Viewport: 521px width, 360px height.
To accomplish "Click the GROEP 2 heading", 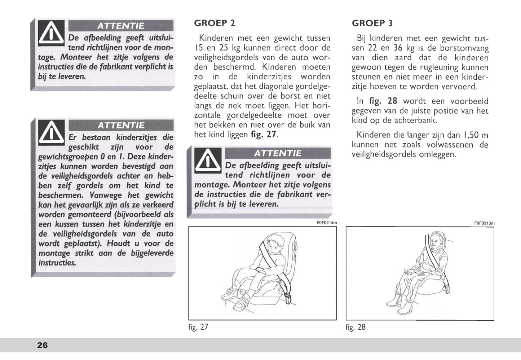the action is coord(215,23).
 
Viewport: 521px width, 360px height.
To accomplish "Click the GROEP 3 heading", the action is coord(372,23).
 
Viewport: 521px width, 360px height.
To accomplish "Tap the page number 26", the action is coord(42,345).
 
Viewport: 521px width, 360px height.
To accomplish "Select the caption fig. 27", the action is coord(198,327).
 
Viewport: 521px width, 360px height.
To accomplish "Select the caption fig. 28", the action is coord(356,327).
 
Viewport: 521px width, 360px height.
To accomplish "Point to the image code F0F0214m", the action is coord(327,223).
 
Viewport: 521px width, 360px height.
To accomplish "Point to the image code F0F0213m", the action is coord(485,223).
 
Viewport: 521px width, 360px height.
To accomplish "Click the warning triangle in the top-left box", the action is coord(51,33).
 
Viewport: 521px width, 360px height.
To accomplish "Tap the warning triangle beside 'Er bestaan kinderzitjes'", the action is coord(52,133).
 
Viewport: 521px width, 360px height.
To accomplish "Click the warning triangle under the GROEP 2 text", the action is coord(208,161).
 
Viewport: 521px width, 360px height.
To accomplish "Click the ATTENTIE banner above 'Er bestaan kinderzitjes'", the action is coord(121,126).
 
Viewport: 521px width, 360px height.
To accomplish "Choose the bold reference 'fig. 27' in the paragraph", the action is coord(264,135).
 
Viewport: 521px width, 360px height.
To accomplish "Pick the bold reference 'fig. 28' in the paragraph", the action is coord(383,101).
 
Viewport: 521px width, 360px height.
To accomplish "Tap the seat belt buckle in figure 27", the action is coord(288,299).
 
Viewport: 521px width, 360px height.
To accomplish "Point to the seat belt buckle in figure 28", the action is coord(447,289).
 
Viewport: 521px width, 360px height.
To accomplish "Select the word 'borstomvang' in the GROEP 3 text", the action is coord(464,48).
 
